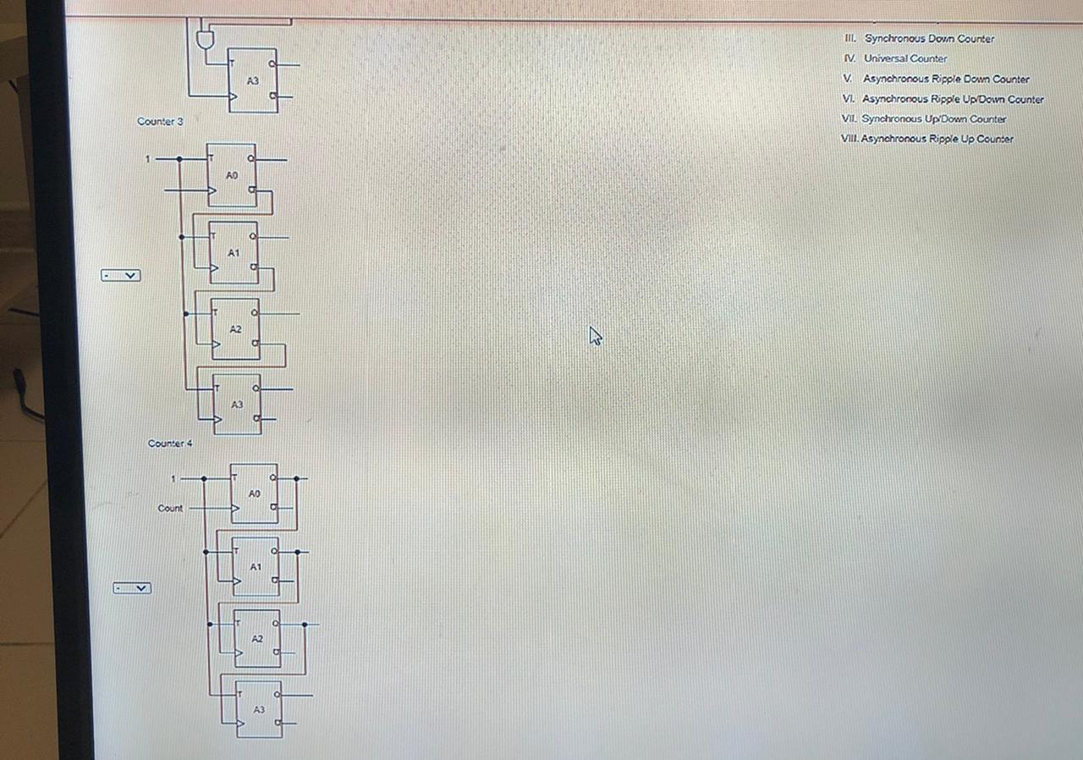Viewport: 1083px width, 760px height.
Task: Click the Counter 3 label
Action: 160,122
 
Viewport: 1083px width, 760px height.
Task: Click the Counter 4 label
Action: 170,443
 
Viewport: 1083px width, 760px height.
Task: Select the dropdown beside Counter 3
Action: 120,275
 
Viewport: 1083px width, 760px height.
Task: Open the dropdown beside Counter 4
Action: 132,587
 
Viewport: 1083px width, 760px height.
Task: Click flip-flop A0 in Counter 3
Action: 232,175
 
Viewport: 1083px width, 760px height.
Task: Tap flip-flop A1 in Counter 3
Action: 234,252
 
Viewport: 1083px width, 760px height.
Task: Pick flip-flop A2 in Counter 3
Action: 235,328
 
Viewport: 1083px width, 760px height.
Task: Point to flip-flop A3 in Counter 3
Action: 237,405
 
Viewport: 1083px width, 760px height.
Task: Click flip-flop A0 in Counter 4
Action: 254,493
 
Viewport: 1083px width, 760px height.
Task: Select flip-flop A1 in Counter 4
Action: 256,567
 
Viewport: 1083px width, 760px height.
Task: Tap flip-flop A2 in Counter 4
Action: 257,639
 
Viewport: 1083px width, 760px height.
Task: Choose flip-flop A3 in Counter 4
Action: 259,709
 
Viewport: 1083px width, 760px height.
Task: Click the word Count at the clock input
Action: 170,509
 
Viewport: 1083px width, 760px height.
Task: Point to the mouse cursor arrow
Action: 595,336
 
